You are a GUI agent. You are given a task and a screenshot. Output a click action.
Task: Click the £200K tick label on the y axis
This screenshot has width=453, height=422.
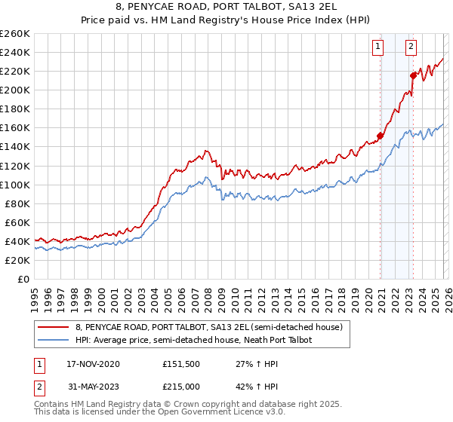[x=14, y=90]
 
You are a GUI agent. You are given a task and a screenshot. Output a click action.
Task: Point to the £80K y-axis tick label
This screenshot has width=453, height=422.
[x=17, y=203]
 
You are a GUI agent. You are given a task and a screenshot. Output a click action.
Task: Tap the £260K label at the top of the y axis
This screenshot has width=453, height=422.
[x=14, y=34]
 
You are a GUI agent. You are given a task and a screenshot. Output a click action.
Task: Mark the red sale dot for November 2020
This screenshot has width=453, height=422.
[x=381, y=136]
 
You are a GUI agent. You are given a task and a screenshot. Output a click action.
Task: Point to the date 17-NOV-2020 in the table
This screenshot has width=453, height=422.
[x=94, y=363]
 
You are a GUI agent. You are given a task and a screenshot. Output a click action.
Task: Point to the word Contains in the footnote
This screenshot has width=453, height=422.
[x=53, y=405]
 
